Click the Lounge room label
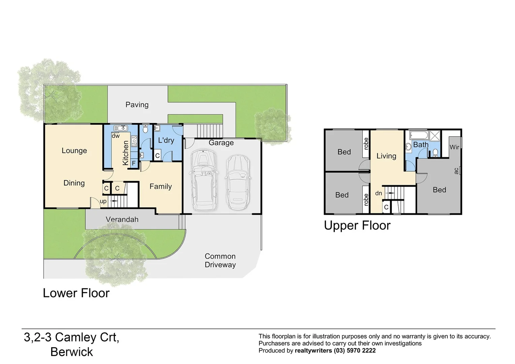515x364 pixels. click(x=74, y=151)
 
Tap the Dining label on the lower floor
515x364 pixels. click(x=74, y=183)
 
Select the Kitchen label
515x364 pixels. click(x=126, y=153)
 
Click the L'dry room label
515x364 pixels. click(x=166, y=140)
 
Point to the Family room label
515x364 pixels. click(x=161, y=186)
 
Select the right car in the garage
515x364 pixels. click(x=238, y=182)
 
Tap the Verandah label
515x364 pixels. click(x=122, y=219)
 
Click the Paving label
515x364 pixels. click(x=137, y=105)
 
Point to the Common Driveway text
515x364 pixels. click(x=220, y=261)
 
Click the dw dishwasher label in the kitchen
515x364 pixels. click(x=116, y=136)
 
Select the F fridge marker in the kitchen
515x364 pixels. click(x=134, y=163)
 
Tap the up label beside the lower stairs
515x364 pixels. click(x=103, y=201)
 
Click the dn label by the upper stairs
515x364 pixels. click(x=379, y=193)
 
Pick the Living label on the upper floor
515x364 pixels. click(x=386, y=156)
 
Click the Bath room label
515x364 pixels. click(x=421, y=145)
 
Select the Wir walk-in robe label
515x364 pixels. click(x=454, y=147)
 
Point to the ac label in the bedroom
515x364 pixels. click(x=456, y=171)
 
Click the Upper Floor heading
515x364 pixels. click(x=357, y=225)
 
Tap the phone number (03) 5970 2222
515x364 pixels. click(x=355, y=351)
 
